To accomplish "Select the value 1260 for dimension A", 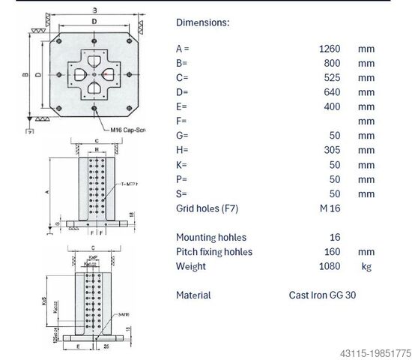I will tap(330, 49).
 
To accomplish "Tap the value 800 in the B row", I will tap(332, 64).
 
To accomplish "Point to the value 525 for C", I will tap(332, 78).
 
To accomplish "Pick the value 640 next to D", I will tap(332, 92).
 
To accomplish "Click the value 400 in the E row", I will tap(332, 106).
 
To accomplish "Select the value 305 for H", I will tap(332, 150).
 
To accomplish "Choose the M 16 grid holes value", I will tap(330, 208).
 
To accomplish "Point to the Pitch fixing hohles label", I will tap(214, 251).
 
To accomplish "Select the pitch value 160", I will tap(332, 251).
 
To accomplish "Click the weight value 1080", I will tap(330, 266).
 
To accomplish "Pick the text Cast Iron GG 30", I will tap(323, 295).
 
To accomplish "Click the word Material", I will tap(193, 295).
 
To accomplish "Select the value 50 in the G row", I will tap(335, 136).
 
